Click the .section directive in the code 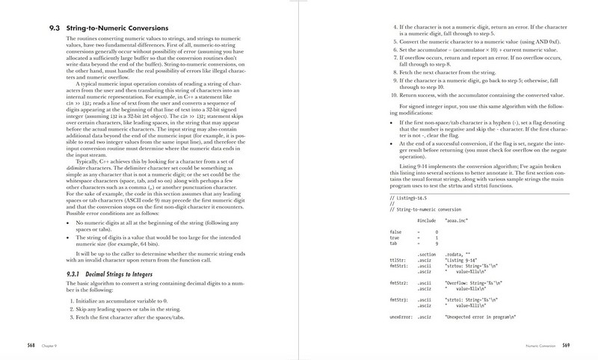[425, 253]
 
